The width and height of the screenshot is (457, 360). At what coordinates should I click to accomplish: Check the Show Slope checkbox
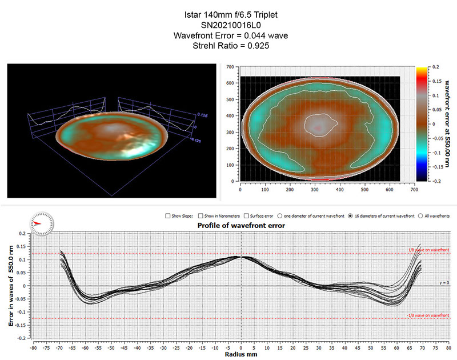(167, 216)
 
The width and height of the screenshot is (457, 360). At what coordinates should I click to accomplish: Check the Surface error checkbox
(246, 216)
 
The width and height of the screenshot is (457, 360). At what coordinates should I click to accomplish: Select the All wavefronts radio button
(422, 216)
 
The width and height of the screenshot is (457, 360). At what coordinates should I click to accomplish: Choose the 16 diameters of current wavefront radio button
(350, 216)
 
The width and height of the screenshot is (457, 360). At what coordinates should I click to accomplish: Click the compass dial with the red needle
(43, 222)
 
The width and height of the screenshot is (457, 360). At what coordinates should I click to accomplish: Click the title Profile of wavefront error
(241, 226)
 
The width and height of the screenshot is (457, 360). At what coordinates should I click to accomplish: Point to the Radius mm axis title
(240, 354)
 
